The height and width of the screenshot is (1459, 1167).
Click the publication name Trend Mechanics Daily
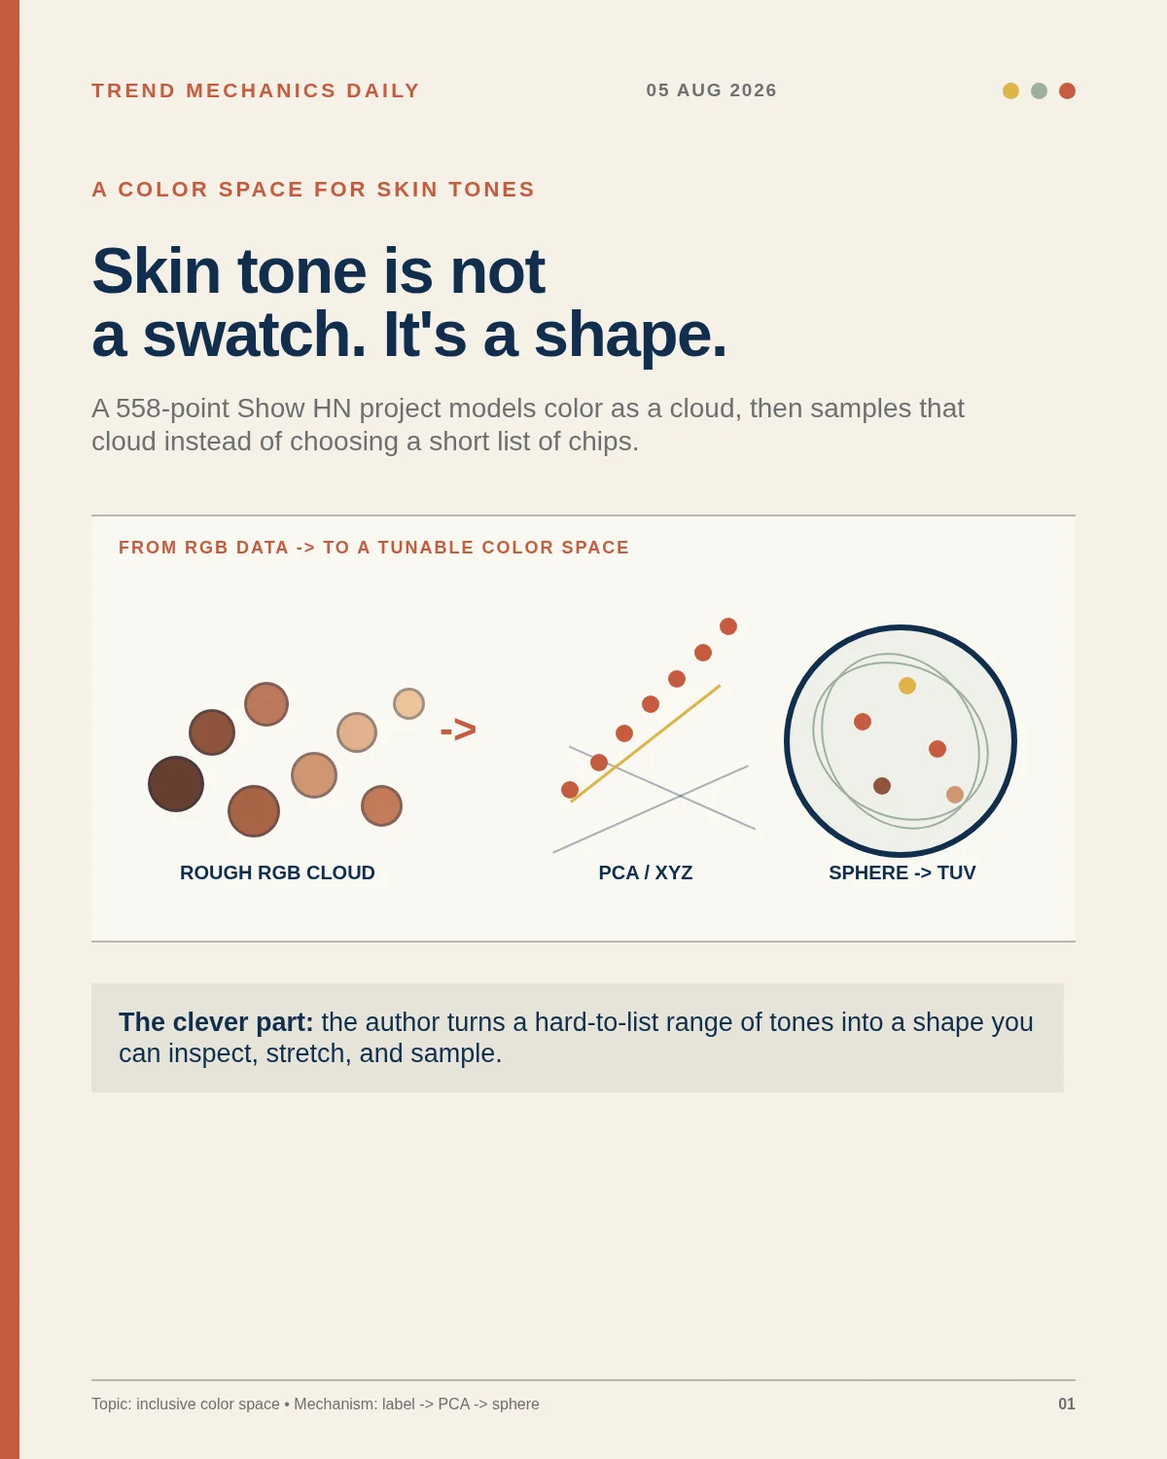[256, 90]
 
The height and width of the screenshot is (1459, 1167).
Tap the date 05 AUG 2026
[711, 90]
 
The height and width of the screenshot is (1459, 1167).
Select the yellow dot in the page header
[1010, 90]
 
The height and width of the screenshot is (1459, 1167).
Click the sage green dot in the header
[1039, 90]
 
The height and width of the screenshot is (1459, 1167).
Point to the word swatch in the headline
[254, 335]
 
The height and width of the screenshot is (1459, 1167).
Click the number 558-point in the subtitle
[160, 409]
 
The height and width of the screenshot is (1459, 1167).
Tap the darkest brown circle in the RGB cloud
[176, 784]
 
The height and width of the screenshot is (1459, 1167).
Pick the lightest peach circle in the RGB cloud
[408, 704]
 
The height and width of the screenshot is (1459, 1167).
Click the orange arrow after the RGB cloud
[458, 730]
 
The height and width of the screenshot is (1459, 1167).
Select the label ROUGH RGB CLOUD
[277, 872]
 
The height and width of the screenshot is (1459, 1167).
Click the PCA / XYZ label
[646, 872]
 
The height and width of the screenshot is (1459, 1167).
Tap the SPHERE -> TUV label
[902, 872]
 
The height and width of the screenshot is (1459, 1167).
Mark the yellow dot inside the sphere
[907, 686]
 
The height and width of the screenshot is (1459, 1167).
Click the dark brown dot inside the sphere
[881, 786]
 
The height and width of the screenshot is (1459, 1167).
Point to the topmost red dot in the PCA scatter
[728, 626]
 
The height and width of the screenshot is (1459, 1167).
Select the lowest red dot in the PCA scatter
[570, 790]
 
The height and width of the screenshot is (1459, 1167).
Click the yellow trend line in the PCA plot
[646, 744]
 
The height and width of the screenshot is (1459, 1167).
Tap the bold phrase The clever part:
[216, 1022]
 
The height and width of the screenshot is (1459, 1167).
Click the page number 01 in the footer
[1067, 1405]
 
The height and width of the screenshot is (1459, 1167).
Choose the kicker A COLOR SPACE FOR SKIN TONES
[313, 190]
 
